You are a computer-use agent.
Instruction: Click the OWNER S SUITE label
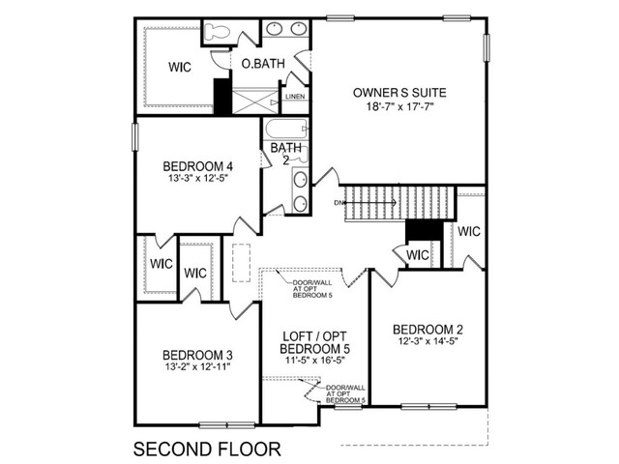[399, 93]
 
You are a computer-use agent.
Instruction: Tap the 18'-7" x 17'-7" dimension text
[399, 106]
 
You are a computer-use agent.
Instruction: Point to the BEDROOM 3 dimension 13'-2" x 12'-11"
[197, 367]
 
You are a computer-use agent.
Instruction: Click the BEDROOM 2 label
[427, 330]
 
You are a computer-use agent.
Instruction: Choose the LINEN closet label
[295, 97]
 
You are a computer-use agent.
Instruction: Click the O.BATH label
[263, 64]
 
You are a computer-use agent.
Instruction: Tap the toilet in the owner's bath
[218, 32]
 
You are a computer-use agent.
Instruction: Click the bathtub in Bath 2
[286, 129]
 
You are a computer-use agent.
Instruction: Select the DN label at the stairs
[338, 203]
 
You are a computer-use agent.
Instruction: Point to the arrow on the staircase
[370, 203]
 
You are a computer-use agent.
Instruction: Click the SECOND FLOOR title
[207, 449]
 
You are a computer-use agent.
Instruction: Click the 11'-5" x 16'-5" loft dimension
[314, 361]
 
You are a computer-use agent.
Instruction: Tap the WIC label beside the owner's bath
[180, 67]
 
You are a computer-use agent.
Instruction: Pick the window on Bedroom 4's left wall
[135, 136]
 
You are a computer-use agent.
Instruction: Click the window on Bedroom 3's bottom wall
[227, 425]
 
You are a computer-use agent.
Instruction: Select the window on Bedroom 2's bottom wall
[428, 406]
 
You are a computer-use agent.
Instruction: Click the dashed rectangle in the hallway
[241, 263]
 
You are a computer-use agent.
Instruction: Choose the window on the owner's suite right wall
[486, 47]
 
